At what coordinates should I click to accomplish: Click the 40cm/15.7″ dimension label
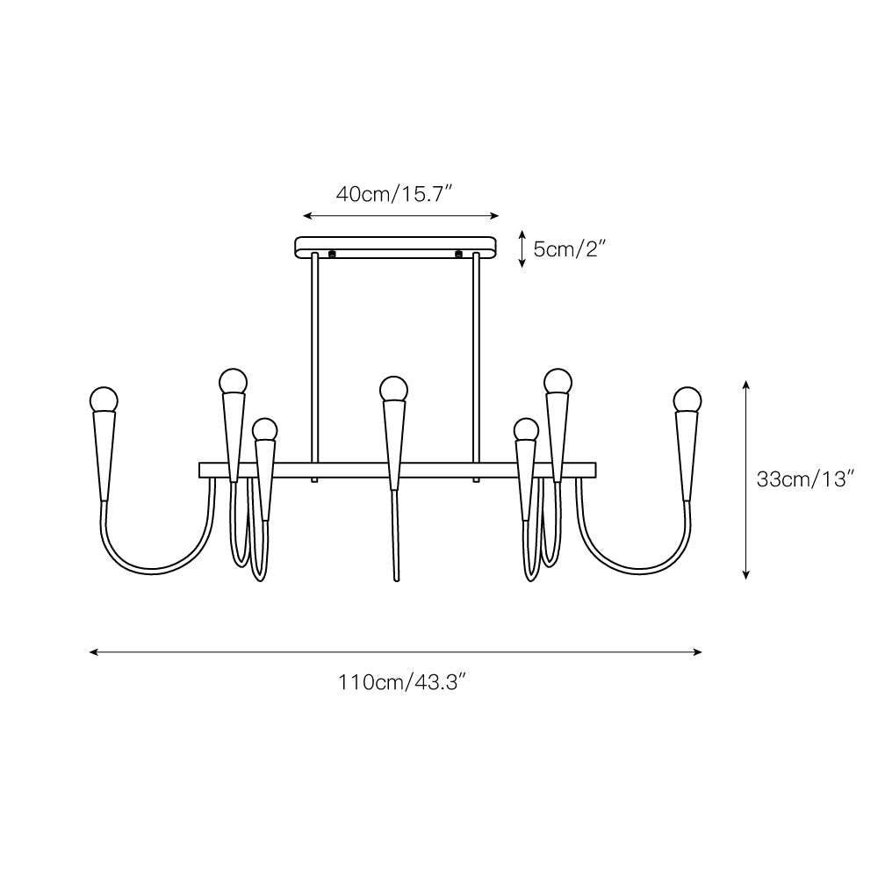tap(394, 194)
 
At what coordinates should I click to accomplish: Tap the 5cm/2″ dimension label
tap(570, 249)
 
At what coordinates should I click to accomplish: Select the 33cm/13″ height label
tap(805, 479)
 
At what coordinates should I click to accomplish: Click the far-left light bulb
tap(104, 399)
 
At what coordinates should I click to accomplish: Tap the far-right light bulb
tap(687, 399)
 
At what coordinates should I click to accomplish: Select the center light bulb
tap(393, 388)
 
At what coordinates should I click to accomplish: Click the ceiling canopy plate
tap(395, 246)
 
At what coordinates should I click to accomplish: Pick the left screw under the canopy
tap(332, 255)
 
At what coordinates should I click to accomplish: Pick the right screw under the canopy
tap(458, 255)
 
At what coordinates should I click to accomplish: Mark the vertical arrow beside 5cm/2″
tap(522, 248)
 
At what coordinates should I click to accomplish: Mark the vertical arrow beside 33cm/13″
tap(746, 479)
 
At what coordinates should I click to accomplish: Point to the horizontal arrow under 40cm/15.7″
tap(400, 215)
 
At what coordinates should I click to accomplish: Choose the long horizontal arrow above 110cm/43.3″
tap(396, 652)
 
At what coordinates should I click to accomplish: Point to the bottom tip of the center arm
tap(396, 578)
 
